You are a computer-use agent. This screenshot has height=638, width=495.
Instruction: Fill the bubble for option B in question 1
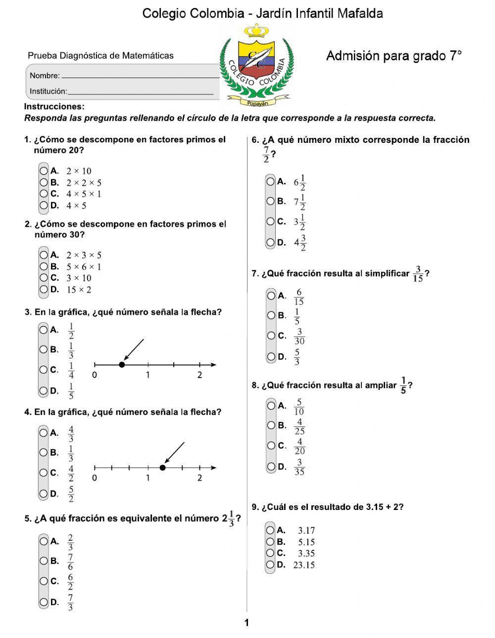click(44, 182)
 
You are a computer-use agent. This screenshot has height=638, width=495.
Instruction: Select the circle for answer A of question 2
click(44, 255)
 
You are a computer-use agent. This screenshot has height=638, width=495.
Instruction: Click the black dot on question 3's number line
click(122, 365)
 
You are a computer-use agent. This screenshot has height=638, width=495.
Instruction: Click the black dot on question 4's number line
click(163, 468)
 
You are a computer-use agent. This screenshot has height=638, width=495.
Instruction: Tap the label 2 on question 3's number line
click(199, 375)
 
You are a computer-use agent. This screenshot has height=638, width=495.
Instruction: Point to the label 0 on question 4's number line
click(95, 478)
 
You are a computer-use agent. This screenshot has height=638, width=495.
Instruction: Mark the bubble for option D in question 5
click(44, 602)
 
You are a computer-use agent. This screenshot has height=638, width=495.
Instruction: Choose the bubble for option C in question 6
click(270, 221)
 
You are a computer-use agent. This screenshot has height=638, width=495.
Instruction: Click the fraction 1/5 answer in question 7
click(297, 316)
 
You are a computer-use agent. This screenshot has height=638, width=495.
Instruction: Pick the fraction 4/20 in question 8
click(299, 446)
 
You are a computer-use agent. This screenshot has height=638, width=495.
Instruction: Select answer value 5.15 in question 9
click(306, 542)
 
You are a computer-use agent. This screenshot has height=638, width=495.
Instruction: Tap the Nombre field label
click(45, 76)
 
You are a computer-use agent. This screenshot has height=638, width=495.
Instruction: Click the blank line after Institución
click(141, 92)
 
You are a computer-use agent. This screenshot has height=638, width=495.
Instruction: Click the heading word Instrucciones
click(54, 107)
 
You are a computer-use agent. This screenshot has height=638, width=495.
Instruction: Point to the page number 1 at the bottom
click(247, 623)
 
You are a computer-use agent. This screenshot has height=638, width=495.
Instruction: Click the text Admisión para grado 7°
click(394, 56)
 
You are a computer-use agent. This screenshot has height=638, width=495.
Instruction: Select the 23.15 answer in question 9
click(303, 565)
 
